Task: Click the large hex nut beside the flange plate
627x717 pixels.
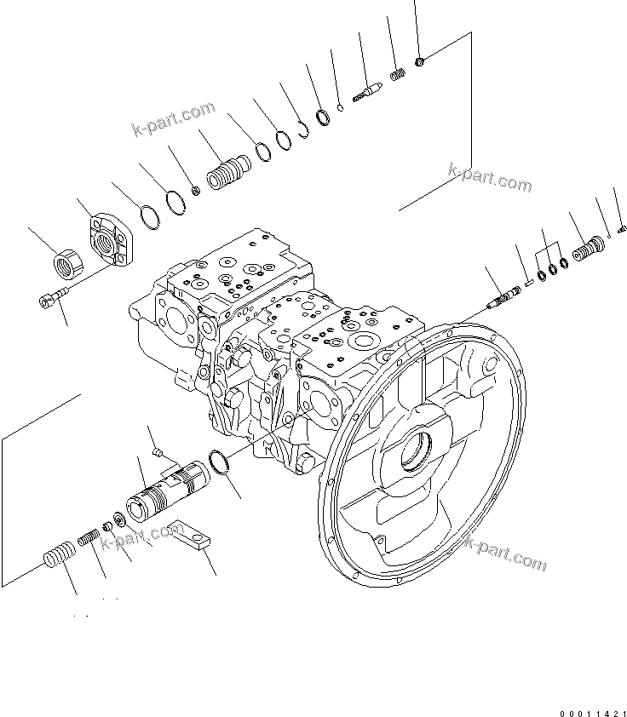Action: point(66,261)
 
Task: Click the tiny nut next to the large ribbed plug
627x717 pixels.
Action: point(196,189)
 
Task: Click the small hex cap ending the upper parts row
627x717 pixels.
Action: point(422,60)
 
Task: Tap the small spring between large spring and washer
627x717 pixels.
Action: point(89,538)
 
